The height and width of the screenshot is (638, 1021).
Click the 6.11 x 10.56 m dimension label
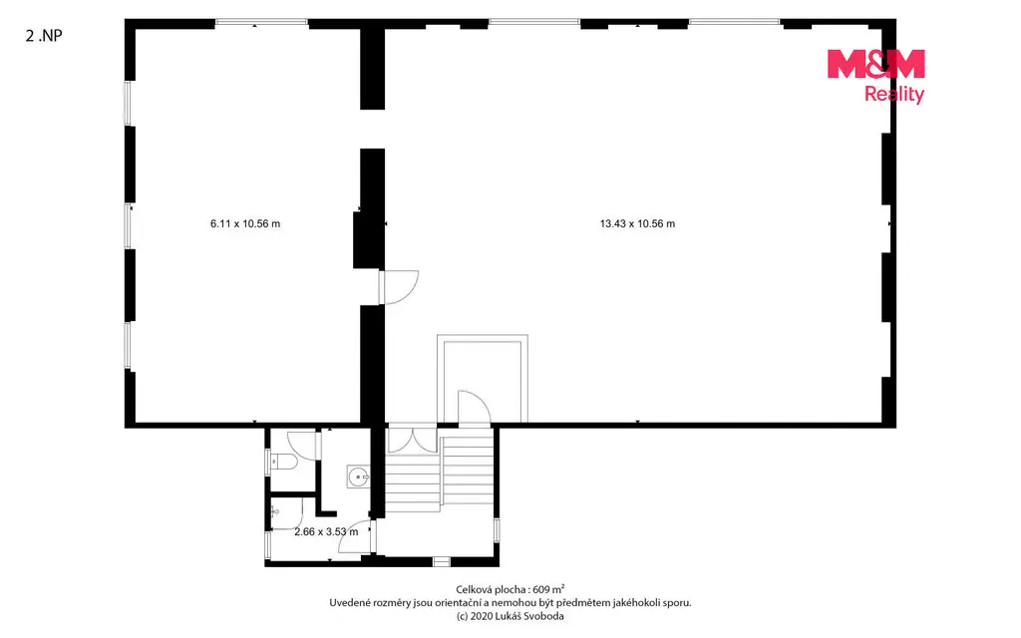245,224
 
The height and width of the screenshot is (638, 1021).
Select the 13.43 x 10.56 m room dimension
637,224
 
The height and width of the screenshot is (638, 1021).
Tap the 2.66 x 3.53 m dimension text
326,532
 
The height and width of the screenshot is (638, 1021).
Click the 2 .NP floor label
44,36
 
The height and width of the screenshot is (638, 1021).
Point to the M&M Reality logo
875,76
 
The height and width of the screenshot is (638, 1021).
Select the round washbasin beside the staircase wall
358,478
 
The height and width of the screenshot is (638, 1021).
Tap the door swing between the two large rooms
399,287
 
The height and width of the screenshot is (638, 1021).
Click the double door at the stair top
412,439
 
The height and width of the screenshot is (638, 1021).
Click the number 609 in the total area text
541,590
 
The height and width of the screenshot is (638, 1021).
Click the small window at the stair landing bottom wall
442,561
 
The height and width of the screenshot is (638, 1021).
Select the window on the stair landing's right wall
497,530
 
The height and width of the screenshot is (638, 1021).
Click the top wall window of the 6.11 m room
261,22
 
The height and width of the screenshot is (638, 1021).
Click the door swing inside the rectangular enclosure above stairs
474,408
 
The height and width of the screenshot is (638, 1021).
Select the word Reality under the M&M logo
894,95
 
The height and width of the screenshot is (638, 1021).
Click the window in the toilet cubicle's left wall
267,462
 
